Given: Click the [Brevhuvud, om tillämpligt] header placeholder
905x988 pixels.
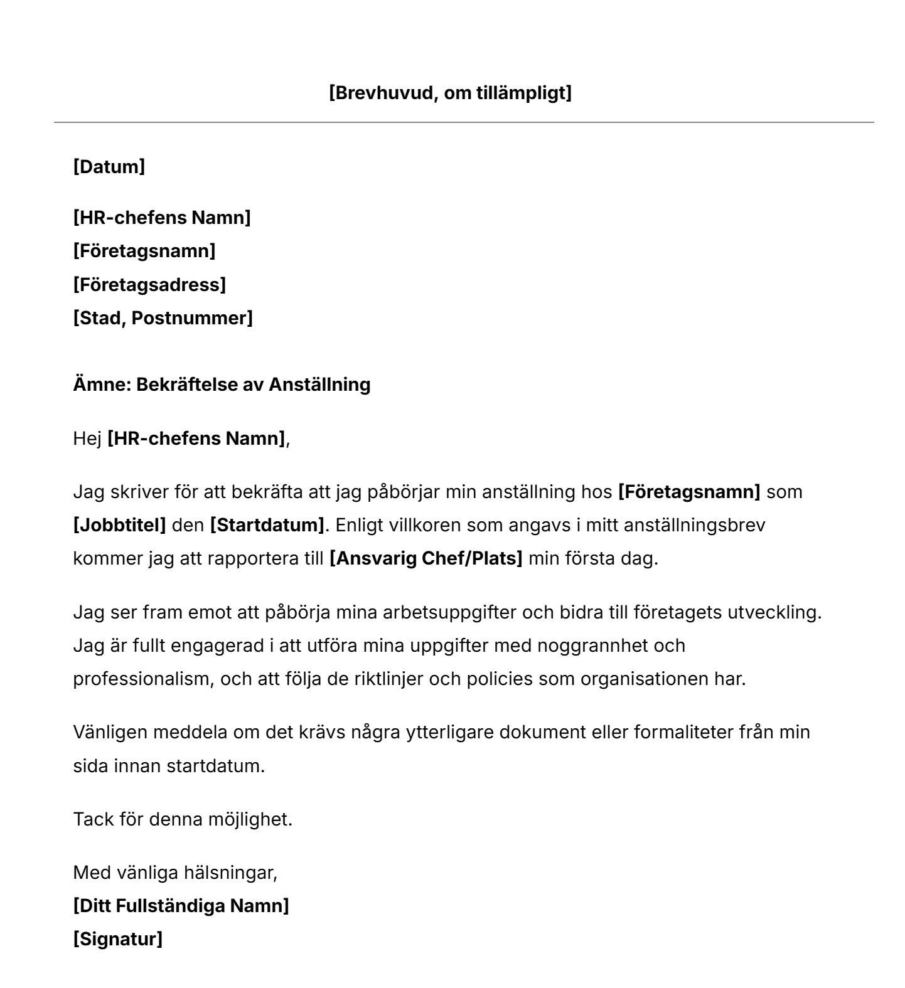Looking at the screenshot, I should coord(450,93).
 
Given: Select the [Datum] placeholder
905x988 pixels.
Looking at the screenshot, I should coord(109,167).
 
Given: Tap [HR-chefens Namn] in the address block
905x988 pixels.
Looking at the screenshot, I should coord(162,218).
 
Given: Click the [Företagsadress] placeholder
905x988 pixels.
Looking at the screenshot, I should coord(149,285).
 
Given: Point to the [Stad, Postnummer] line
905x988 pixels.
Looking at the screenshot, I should coord(163,318).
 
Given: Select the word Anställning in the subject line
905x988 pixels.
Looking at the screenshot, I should coord(319,384).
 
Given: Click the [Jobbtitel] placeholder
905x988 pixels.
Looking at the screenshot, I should coord(120,524).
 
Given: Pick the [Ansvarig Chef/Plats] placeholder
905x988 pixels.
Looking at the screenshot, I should coord(426,558).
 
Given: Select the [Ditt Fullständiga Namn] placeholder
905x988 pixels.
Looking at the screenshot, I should coord(181,906).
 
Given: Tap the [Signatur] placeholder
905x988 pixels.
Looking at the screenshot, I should coord(118,939).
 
